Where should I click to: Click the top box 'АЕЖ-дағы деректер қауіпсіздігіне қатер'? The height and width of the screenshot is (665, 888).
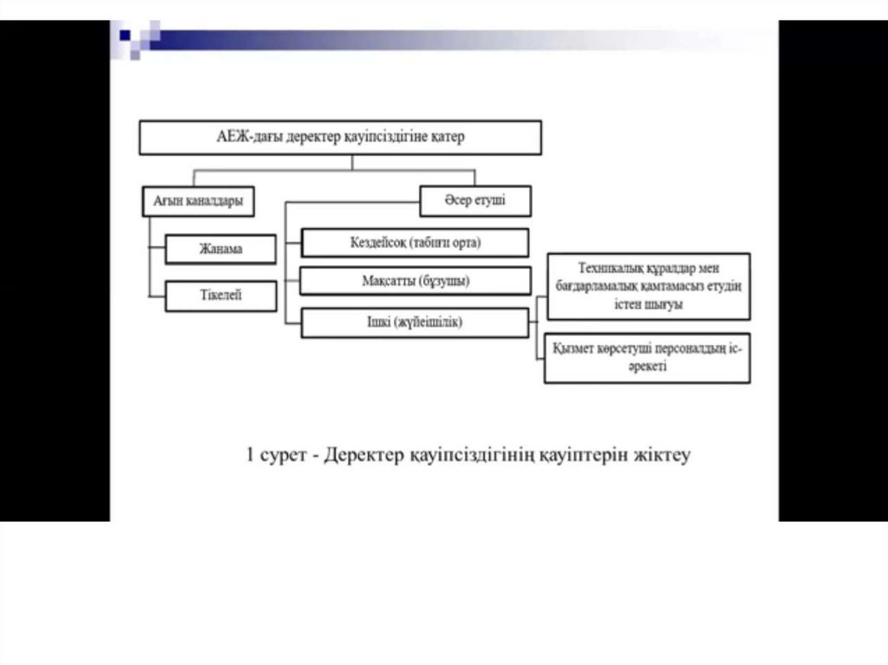pyautogui.click(x=341, y=137)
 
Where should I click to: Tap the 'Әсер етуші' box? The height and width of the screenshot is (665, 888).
pyautogui.click(x=475, y=201)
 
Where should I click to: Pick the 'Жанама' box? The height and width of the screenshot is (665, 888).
pyautogui.click(x=221, y=250)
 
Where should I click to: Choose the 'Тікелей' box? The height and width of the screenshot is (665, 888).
pyautogui.click(x=221, y=296)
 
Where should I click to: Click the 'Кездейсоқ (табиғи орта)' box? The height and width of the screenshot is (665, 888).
pyautogui.click(x=415, y=243)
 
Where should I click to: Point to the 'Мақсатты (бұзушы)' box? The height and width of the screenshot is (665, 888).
pyautogui.click(x=415, y=282)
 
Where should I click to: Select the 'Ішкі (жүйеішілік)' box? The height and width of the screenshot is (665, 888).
pyautogui.click(x=414, y=323)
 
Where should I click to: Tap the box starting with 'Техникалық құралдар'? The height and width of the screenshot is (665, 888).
pyautogui.click(x=647, y=286)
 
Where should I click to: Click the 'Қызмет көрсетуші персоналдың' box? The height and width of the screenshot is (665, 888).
pyautogui.click(x=647, y=357)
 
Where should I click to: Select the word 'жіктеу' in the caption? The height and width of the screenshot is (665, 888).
pyautogui.click(x=662, y=455)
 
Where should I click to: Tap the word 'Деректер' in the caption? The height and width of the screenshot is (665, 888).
pyautogui.click(x=361, y=455)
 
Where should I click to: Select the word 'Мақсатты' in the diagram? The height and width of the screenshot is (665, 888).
pyautogui.click(x=388, y=282)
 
